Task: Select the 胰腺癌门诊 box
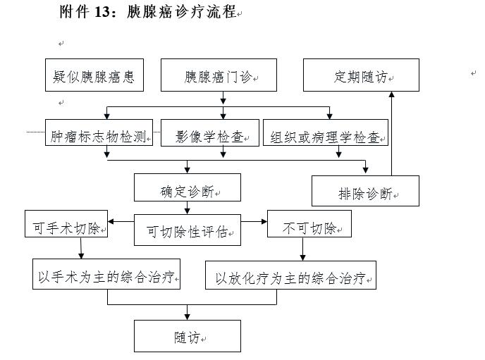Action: click(x=219, y=75)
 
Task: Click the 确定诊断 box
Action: click(x=187, y=188)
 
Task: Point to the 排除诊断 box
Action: click(x=365, y=191)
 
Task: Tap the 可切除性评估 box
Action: click(x=187, y=230)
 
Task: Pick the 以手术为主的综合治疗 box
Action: click(x=106, y=274)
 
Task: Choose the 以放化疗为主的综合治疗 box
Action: click(x=290, y=275)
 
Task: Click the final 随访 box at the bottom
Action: click(x=187, y=336)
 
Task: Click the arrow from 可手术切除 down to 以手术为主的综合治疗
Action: click(x=82, y=248)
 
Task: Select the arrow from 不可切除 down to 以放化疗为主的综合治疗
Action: click(x=303, y=249)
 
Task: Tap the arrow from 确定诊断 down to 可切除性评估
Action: click(x=187, y=208)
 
